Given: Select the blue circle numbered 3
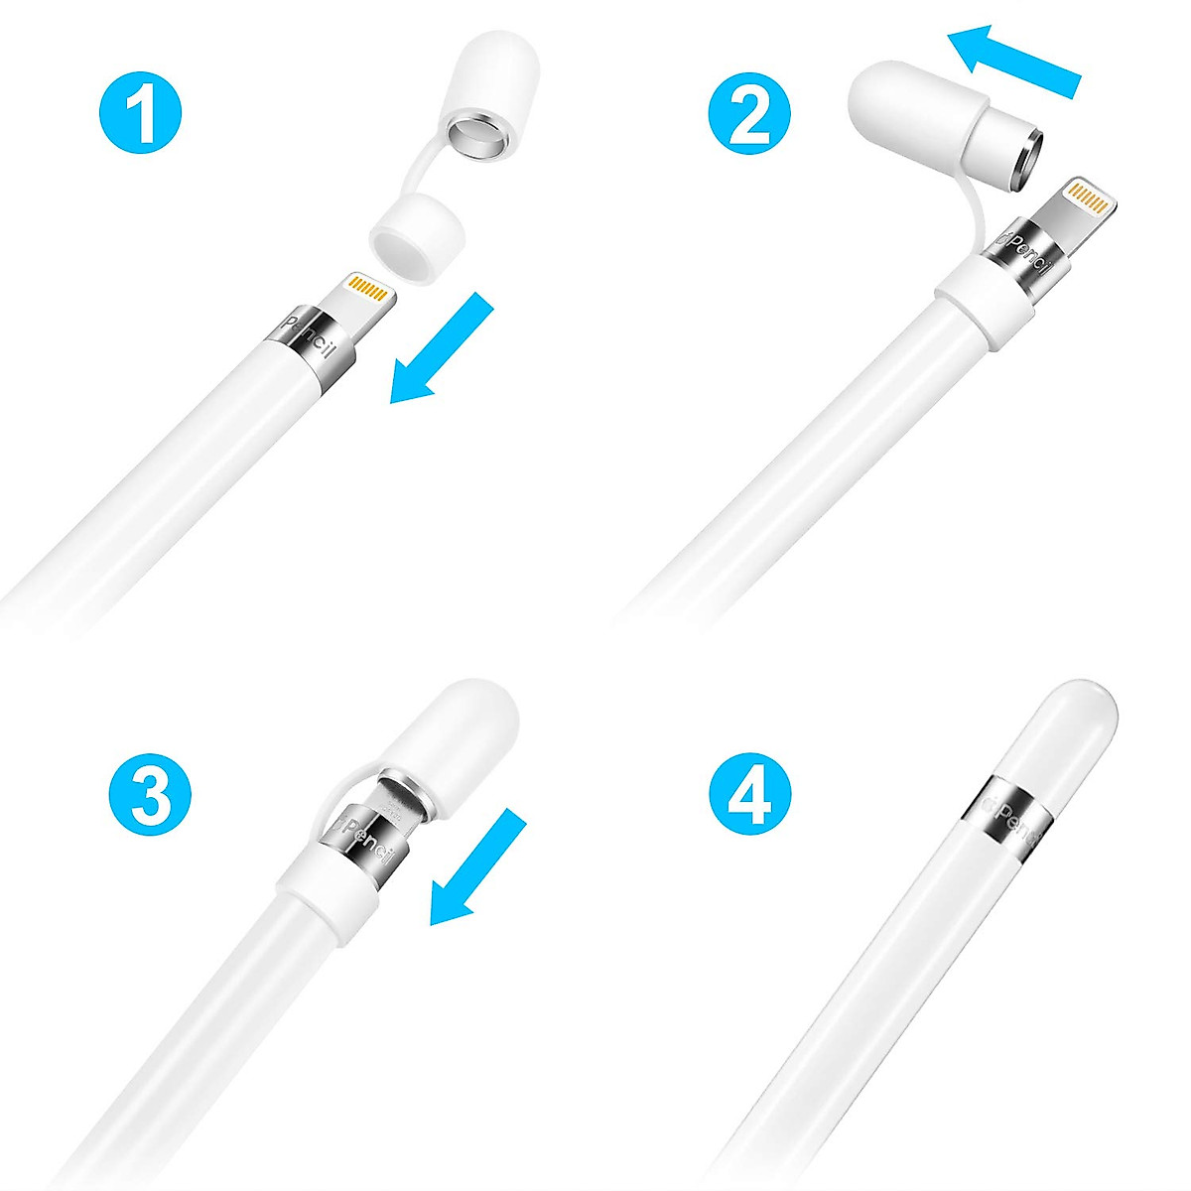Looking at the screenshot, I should point(149,798).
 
